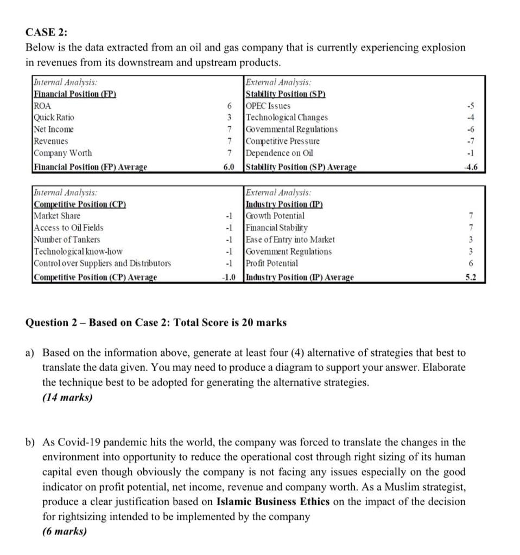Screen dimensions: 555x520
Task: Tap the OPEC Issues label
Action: (268, 106)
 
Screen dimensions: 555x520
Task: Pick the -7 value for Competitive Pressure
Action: (474, 141)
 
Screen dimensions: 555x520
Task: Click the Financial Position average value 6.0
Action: (229, 167)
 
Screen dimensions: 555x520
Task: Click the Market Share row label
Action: (56, 216)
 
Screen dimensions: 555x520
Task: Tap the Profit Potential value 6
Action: (471, 263)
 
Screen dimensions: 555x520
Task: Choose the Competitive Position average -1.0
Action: (229, 277)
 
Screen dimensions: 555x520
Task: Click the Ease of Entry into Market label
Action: (290, 240)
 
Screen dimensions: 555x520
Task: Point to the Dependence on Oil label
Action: (280, 153)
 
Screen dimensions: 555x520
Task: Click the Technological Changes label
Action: (287, 118)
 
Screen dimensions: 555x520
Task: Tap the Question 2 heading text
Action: (156, 323)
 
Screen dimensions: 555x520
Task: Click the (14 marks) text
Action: (67, 397)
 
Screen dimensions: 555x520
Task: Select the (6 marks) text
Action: (65, 531)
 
